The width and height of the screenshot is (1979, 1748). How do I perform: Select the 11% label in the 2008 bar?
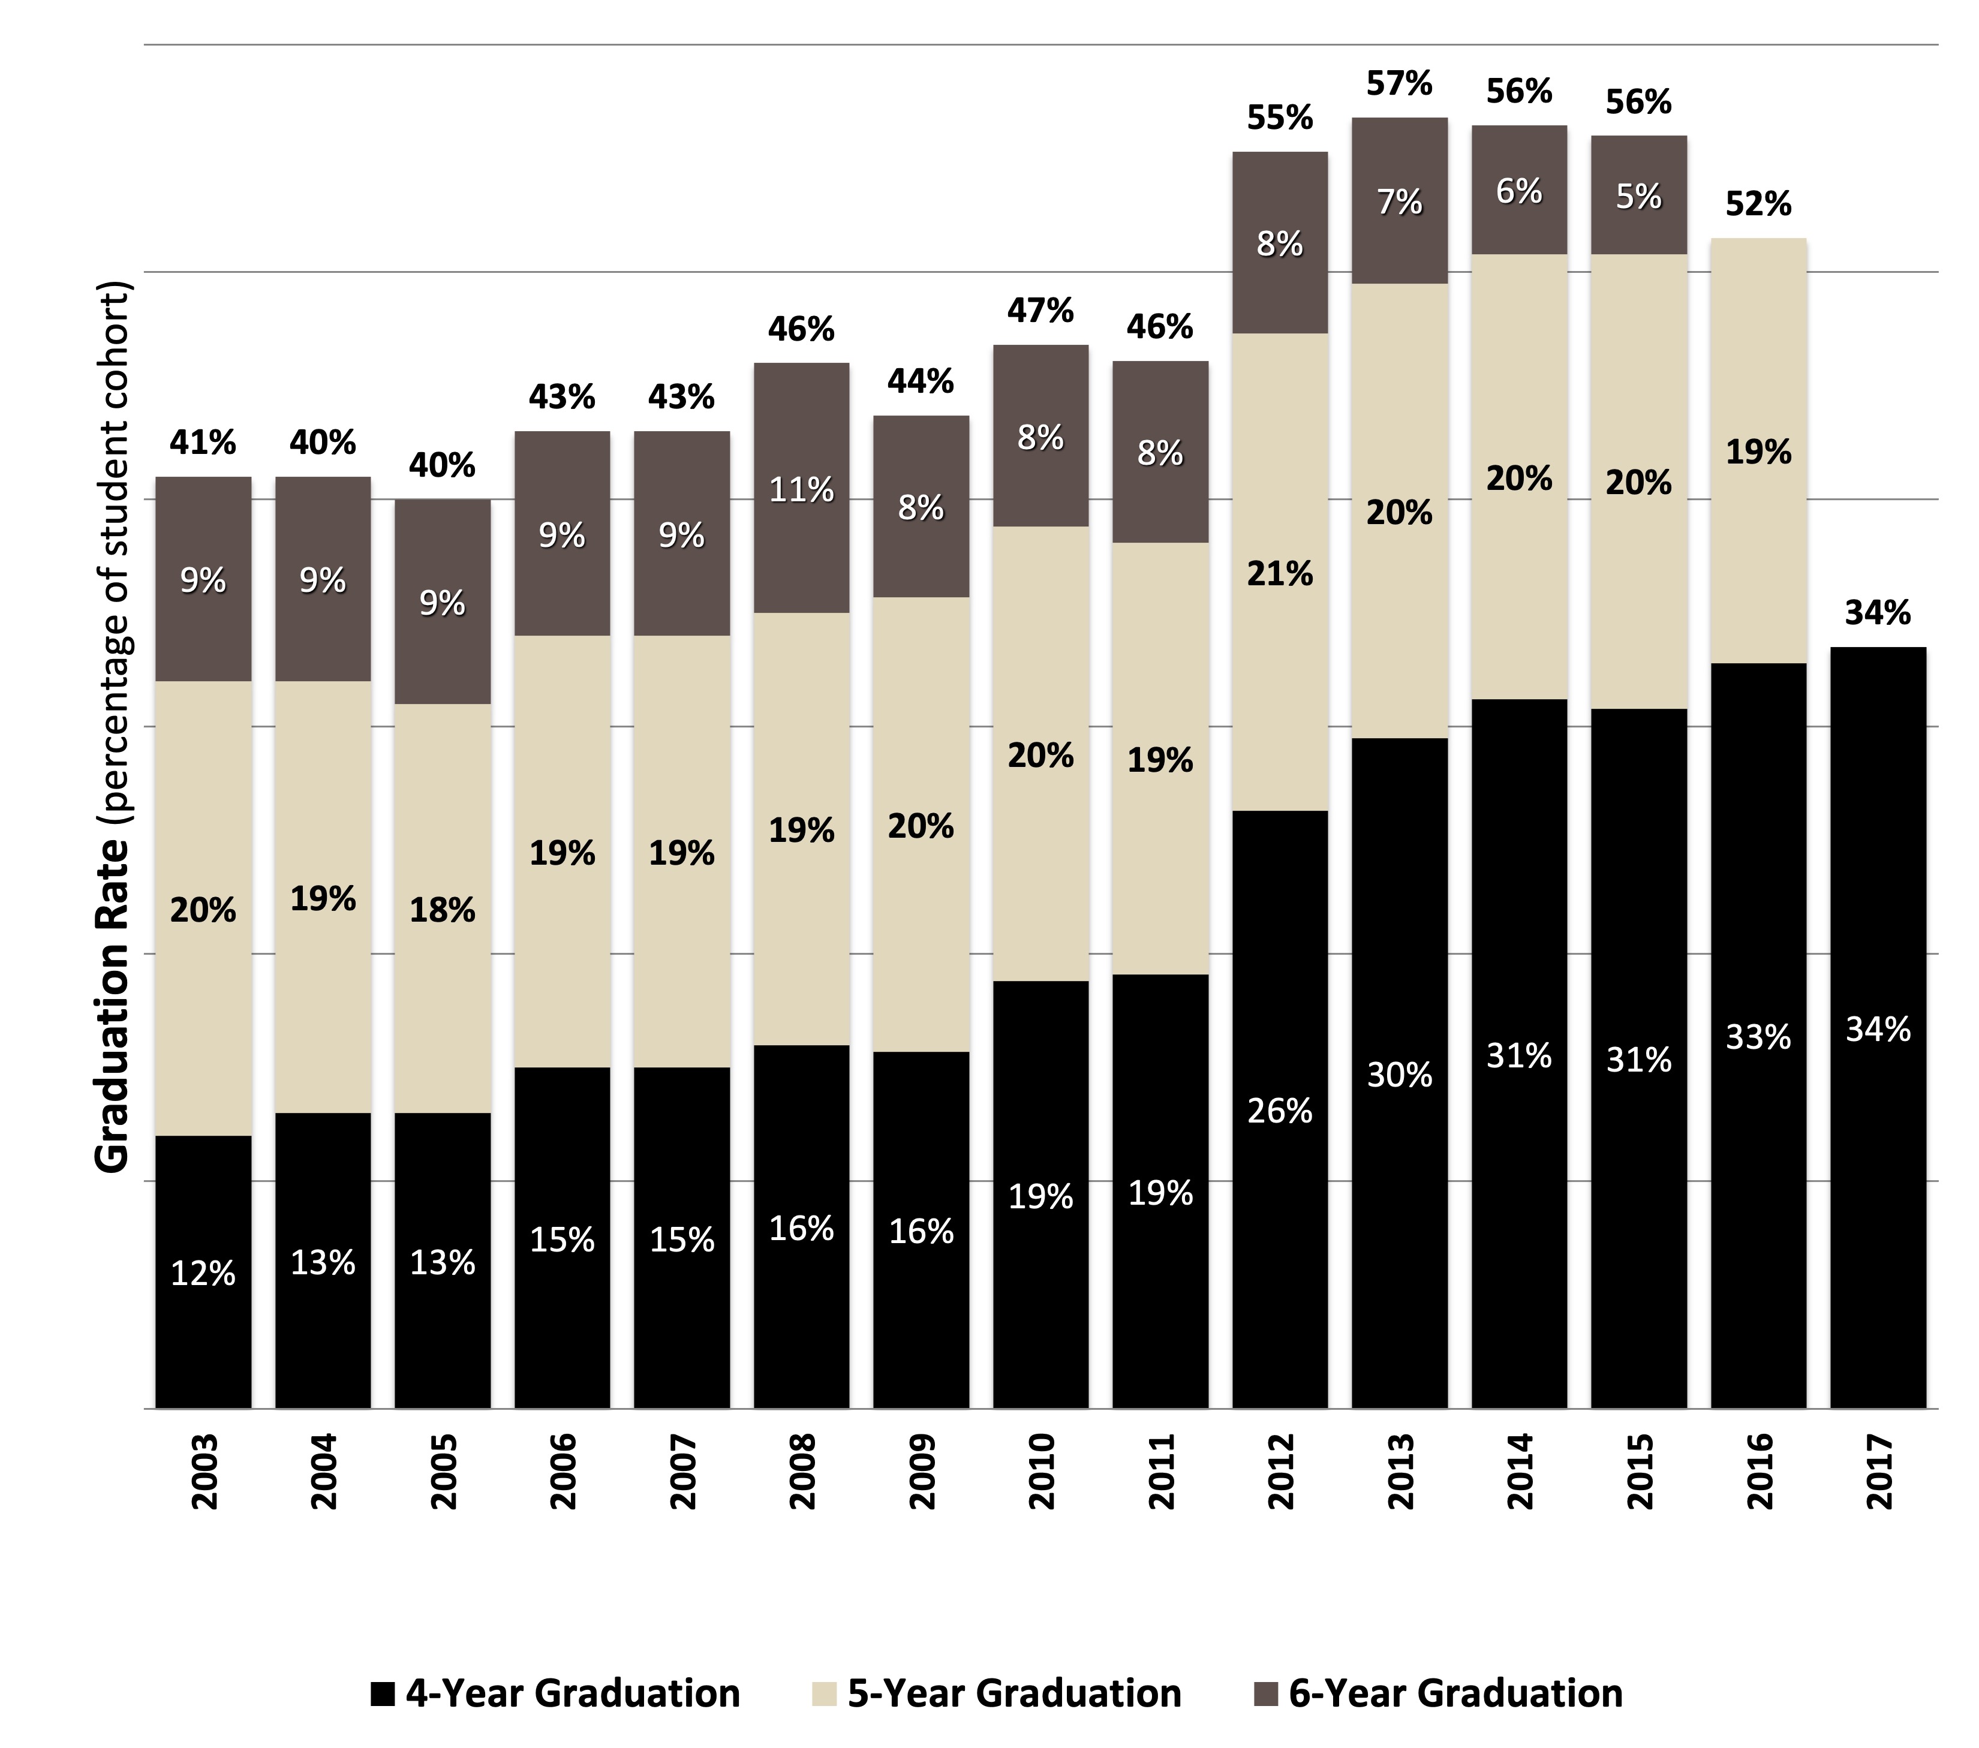(x=802, y=491)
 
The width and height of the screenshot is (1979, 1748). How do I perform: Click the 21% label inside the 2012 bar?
(x=1280, y=574)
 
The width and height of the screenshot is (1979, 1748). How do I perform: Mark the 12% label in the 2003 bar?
(x=203, y=1274)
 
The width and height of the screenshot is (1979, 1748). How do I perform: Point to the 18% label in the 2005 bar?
(x=443, y=911)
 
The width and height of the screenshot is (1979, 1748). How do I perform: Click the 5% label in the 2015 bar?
(x=1639, y=197)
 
